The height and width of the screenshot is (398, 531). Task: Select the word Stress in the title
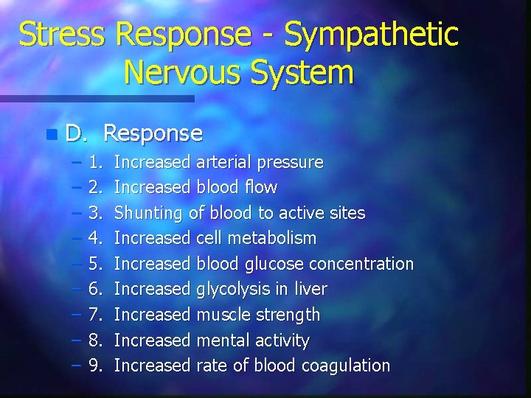click(x=63, y=35)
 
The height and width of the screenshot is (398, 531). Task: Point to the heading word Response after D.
click(x=153, y=133)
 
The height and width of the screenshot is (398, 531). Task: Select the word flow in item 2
click(x=262, y=187)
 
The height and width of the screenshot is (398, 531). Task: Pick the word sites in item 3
click(x=345, y=213)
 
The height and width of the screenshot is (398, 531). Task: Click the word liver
click(x=311, y=289)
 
